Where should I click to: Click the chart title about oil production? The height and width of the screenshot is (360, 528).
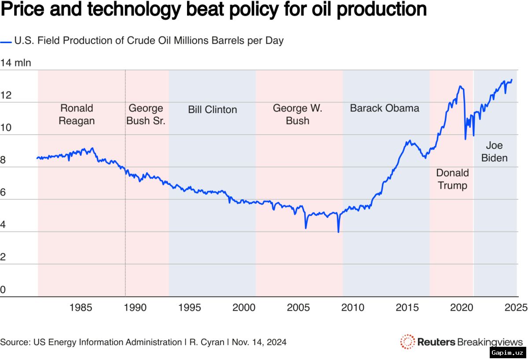pos(213,10)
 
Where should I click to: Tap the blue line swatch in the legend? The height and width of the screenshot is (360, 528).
pos(6,42)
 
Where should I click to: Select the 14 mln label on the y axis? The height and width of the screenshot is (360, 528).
pos(16,63)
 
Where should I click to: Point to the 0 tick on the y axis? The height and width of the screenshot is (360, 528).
pos(3,290)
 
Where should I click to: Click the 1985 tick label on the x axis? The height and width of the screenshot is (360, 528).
pos(81,308)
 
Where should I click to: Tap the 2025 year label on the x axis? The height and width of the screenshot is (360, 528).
pos(516,308)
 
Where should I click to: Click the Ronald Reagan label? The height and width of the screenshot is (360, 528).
pos(77,114)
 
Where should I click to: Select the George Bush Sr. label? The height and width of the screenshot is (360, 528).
pos(146,114)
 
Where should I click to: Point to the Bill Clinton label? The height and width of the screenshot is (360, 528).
pos(213,110)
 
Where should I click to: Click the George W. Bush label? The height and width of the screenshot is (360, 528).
pos(297,114)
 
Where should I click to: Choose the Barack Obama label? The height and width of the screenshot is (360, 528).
pos(385,108)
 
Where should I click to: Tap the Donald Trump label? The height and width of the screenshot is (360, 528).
pos(452,179)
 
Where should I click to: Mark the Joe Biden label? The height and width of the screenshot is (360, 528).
pos(494,152)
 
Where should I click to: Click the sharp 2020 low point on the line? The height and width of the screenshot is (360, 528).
pos(466,140)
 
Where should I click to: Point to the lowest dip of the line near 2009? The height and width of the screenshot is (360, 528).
pos(338,232)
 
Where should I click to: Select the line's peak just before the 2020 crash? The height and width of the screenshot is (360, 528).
pos(460,86)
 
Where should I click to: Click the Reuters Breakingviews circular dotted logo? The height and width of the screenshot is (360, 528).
pos(407,342)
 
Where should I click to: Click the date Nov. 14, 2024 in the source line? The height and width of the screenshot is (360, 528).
pos(259,342)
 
